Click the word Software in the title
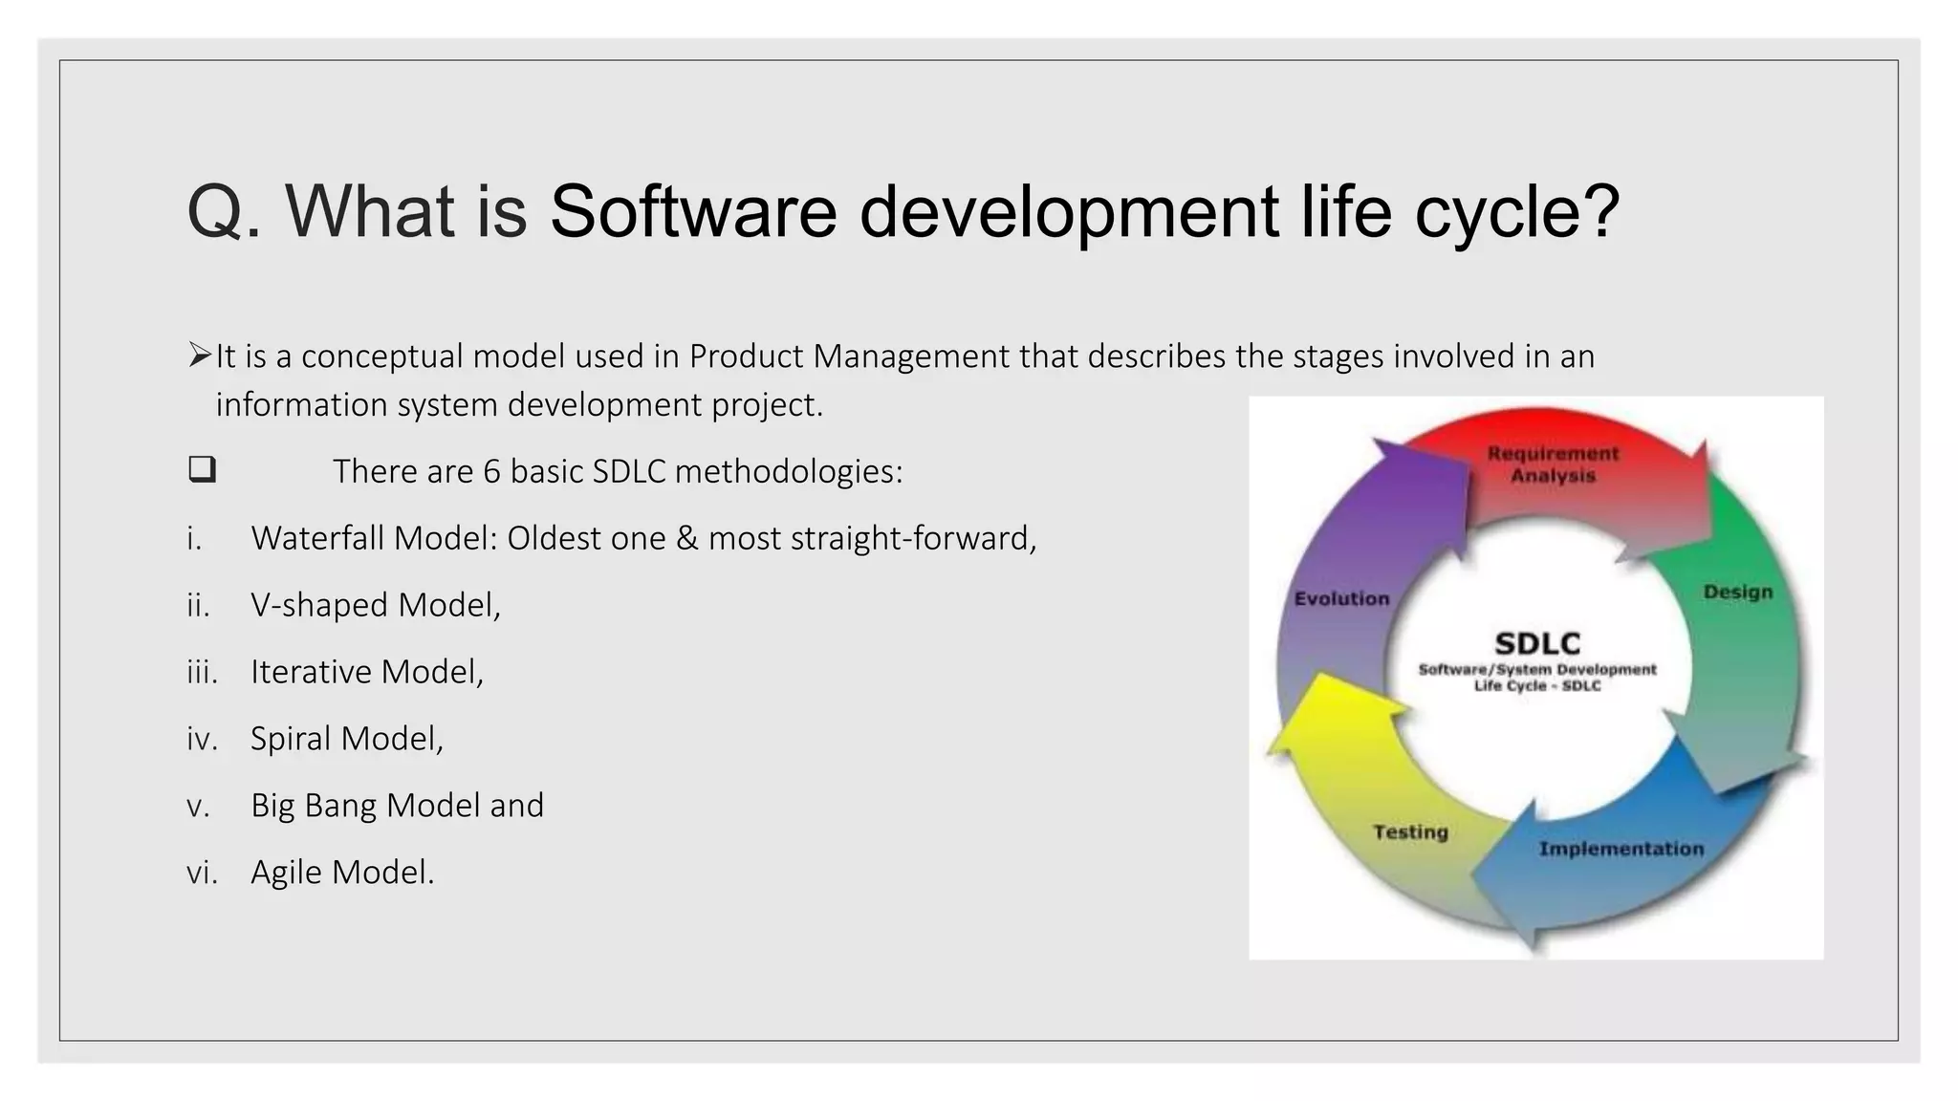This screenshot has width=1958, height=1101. pyautogui.click(x=693, y=211)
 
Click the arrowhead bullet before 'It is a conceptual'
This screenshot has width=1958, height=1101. pyautogui.click(x=199, y=356)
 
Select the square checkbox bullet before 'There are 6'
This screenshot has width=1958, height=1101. pyautogui.click(x=202, y=469)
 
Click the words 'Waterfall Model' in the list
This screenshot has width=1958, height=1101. pyautogui.click(x=373, y=538)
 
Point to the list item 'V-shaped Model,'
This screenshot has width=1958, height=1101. pyautogui.click(x=375, y=605)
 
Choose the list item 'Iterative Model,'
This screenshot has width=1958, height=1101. pyautogui.click(x=367, y=672)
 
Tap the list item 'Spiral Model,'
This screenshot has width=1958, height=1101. pyautogui.click(x=347, y=739)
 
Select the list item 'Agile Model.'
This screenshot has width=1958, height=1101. pyautogui.click(x=342, y=873)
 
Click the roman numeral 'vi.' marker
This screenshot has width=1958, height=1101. pyautogui.click(x=202, y=873)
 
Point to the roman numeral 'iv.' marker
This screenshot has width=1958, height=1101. pyautogui.click(x=202, y=739)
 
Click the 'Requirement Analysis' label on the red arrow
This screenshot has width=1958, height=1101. pyautogui.click(x=1553, y=464)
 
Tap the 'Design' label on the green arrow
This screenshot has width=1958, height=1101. pyautogui.click(x=1737, y=593)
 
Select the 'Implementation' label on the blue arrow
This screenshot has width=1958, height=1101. pyautogui.click(x=1621, y=849)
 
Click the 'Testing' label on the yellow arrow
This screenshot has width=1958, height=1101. pyautogui.click(x=1410, y=832)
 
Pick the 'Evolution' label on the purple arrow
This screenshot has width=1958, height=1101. pyautogui.click(x=1341, y=599)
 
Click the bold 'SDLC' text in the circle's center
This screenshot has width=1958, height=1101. pyautogui.click(x=1536, y=643)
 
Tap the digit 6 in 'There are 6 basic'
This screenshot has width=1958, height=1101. pyautogui.click(x=491, y=472)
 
